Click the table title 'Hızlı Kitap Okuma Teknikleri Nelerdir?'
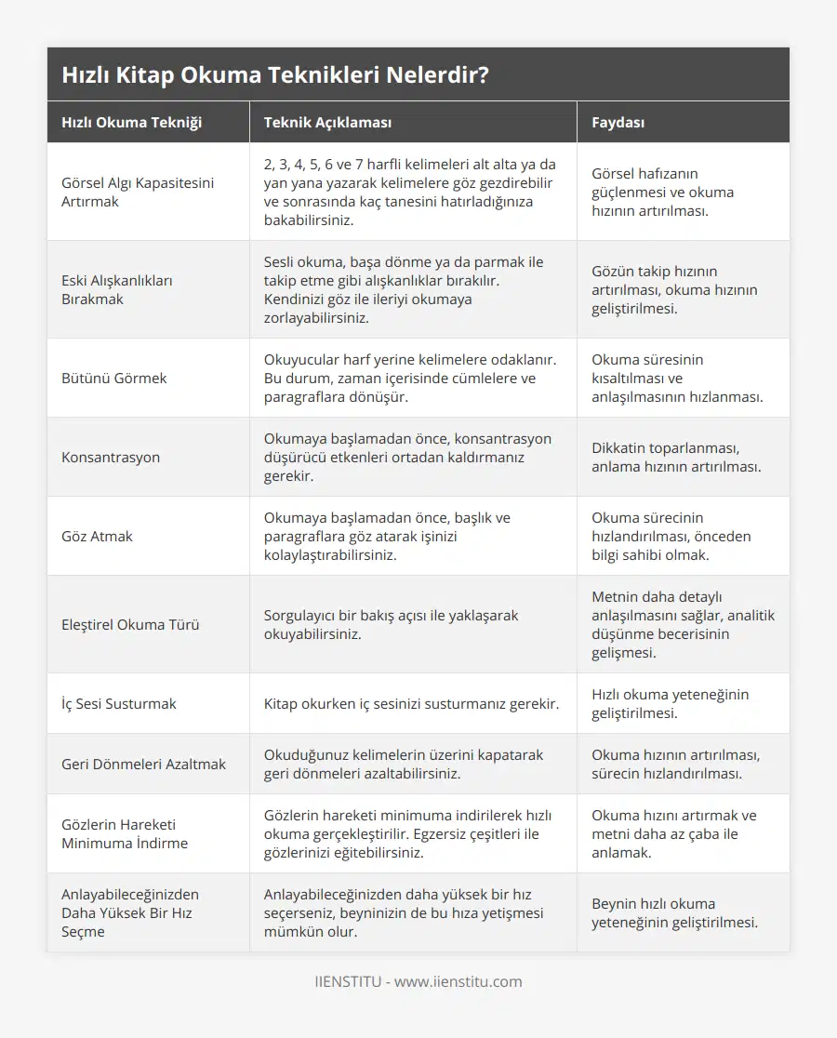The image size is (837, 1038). click(x=275, y=75)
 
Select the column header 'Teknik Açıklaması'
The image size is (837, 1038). click(x=327, y=122)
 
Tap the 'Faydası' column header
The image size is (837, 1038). click(x=618, y=122)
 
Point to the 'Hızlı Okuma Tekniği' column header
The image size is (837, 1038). click(x=131, y=122)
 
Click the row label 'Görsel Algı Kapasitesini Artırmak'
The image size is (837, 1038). click(x=138, y=192)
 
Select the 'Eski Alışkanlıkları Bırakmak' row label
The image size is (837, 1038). click(x=118, y=289)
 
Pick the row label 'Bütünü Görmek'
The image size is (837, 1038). click(x=114, y=378)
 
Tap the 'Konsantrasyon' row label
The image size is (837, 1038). click(x=111, y=457)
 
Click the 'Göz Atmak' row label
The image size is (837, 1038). click(x=98, y=536)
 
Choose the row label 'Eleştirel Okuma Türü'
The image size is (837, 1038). click(x=130, y=624)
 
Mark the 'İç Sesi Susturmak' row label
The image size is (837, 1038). click(x=119, y=703)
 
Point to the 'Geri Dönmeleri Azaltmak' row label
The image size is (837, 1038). click(x=143, y=764)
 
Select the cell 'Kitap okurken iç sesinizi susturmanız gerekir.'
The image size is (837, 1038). click(x=411, y=703)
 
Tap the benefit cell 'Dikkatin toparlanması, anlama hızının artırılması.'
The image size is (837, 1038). click(x=676, y=457)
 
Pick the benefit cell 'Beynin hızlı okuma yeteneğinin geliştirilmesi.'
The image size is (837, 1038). click(x=674, y=912)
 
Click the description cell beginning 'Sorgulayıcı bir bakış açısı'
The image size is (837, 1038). click(x=392, y=624)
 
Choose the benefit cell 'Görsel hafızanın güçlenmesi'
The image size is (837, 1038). click(x=662, y=192)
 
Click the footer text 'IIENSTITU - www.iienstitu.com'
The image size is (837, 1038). click(x=418, y=981)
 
